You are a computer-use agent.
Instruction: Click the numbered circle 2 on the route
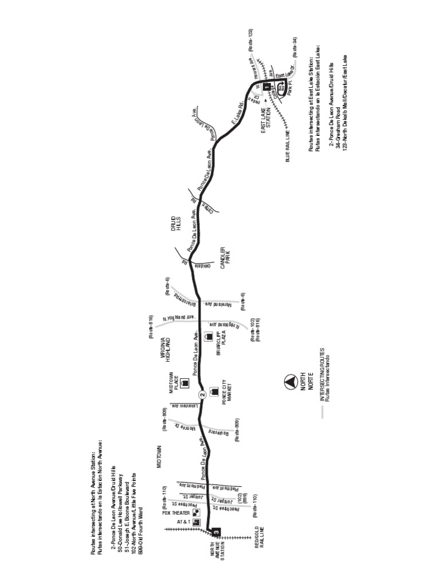pyautogui.click(x=202, y=394)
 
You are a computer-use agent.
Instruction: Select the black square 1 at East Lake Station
pyautogui.click(x=266, y=87)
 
